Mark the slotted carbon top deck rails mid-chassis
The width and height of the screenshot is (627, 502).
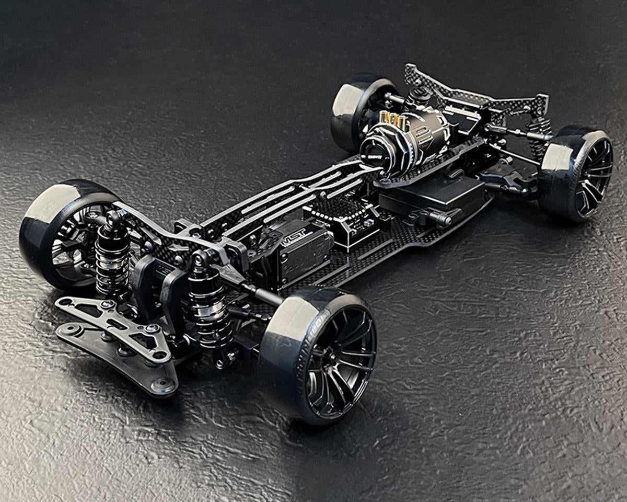pyautogui.click(x=293, y=193)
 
